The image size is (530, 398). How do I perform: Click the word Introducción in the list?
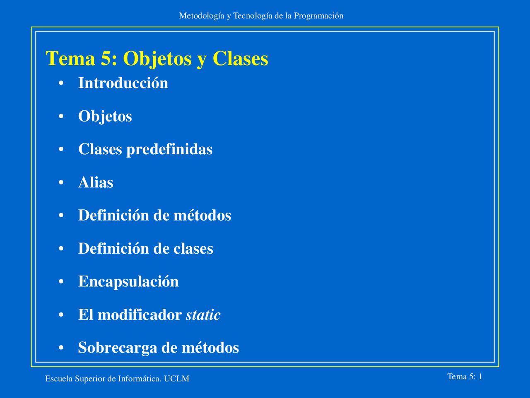pyautogui.click(x=123, y=83)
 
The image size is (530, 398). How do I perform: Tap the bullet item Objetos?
pyautogui.click(x=105, y=116)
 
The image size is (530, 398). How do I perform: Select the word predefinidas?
pyautogui.click(x=169, y=149)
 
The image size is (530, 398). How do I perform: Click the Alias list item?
pyautogui.click(x=96, y=182)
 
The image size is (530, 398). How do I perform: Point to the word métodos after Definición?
pyautogui.click(x=202, y=215)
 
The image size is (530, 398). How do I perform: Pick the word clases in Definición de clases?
pyautogui.click(x=193, y=248)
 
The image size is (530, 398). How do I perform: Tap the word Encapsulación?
pyautogui.click(x=128, y=282)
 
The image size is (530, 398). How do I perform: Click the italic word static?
pyautogui.click(x=203, y=315)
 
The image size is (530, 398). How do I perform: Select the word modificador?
pyautogui.click(x=140, y=315)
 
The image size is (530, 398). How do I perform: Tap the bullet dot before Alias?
pyautogui.click(x=61, y=183)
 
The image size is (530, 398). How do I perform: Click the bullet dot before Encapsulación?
pyautogui.click(x=61, y=282)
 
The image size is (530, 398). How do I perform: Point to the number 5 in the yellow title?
pyautogui.click(x=106, y=58)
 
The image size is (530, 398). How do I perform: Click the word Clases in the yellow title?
pyautogui.click(x=240, y=58)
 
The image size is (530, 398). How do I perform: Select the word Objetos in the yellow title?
pyautogui.click(x=157, y=59)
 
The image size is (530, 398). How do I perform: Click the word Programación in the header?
pyautogui.click(x=318, y=16)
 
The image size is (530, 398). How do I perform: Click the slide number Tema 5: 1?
pyautogui.click(x=465, y=376)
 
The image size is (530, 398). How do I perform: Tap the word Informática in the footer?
pyautogui.click(x=140, y=379)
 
